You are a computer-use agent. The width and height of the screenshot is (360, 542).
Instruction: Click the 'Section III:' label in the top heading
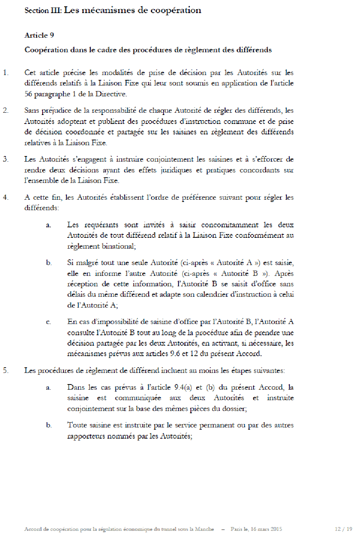43,10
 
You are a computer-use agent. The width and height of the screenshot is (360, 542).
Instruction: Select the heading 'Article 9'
39,35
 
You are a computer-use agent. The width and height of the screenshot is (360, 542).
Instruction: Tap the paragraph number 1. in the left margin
6,73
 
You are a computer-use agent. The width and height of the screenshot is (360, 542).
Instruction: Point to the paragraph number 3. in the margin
6,159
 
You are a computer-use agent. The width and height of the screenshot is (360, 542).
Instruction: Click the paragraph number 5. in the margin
6,371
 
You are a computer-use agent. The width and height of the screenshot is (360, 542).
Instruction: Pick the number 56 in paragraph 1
28,94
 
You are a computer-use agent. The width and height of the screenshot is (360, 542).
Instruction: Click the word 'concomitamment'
230,225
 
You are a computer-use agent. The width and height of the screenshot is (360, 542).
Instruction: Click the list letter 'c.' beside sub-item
49,322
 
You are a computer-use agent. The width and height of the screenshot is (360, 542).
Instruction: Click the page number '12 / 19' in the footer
343,529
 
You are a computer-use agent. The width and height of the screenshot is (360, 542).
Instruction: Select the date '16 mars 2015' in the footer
266,529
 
